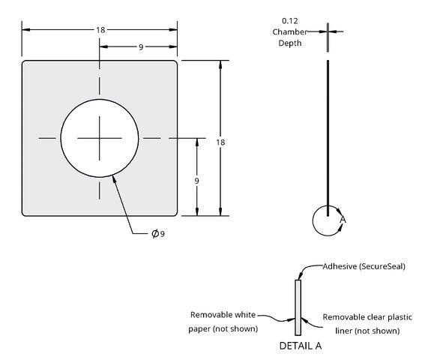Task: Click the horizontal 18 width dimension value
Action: point(100,30)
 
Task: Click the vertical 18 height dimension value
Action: point(220,142)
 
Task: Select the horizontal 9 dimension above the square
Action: point(141,47)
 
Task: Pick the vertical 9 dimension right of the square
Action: point(196,181)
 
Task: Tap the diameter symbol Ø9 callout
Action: point(158,233)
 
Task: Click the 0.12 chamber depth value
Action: point(290,21)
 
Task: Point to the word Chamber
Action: point(289,31)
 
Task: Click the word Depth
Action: point(290,43)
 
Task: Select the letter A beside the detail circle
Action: point(343,220)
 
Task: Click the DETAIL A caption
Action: point(301,346)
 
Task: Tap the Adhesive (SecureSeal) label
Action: point(364,266)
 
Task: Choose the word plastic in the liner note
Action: point(400,317)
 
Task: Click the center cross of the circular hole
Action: point(100,138)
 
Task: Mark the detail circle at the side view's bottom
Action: point(313,220)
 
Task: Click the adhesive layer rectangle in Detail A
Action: point(298,307)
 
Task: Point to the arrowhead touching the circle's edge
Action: point(114,179)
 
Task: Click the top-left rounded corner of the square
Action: point(24,62)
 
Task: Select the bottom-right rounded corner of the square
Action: point(175,214)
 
